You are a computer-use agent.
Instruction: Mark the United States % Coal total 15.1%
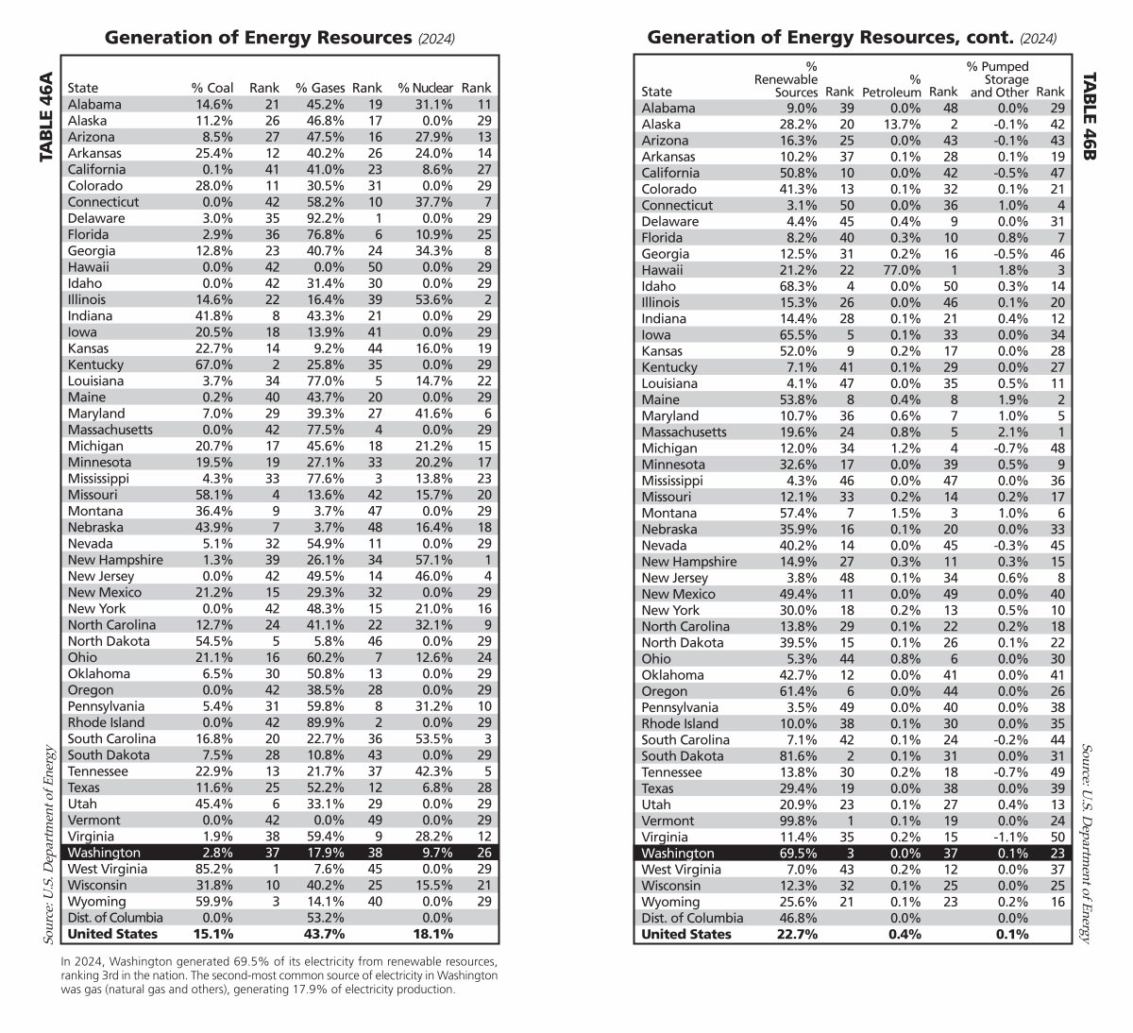pos(212,934)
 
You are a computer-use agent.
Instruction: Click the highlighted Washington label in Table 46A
pos(103,852)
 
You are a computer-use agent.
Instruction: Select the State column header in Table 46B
pos(656,92)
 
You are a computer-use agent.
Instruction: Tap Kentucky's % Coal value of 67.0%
pos(213,364)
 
